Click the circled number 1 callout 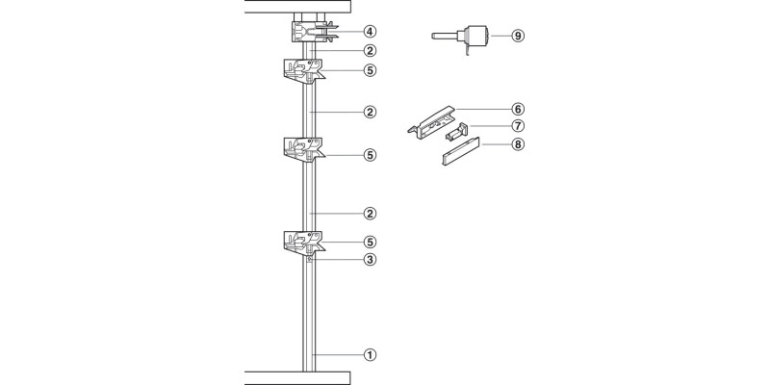click(x=371, y=354)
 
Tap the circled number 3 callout click(x=371, y=259)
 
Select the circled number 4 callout click(x=371, y=32)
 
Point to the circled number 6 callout click(x=518, y=110)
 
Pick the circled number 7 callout click(x=518, y=127)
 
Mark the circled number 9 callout click(x=518, y=36)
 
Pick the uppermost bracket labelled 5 click(x=302, y=69)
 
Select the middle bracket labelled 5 click(x=302, y=149)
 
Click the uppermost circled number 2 click(x=371, y=50)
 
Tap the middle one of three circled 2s click(x=371, y=113)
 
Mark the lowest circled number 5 click(x=371, y=242)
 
